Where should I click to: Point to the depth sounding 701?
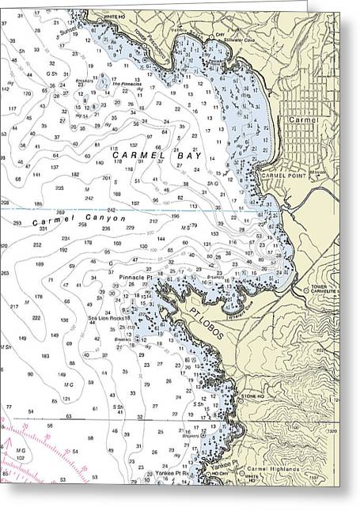106,179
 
